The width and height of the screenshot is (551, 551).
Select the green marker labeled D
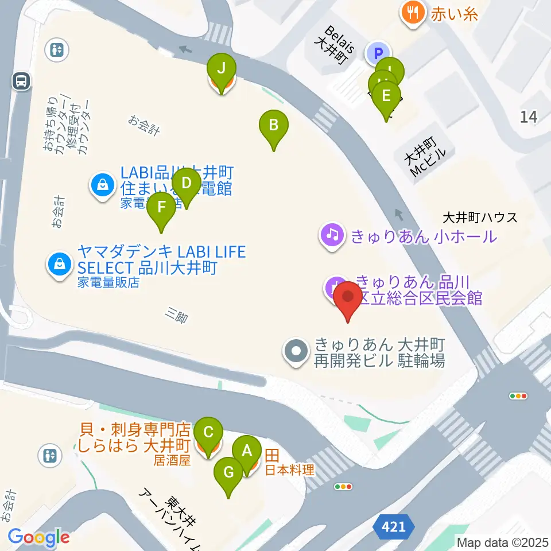pos(187,184)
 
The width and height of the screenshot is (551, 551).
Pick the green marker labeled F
pos(161,207)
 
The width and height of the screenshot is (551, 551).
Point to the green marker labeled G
pos(228,473)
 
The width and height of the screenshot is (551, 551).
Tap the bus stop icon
pos(22,82)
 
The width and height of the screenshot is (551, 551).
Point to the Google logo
pos(39,537)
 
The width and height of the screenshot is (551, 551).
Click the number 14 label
pos(529,117)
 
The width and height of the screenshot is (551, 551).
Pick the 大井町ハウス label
pos(480,218)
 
